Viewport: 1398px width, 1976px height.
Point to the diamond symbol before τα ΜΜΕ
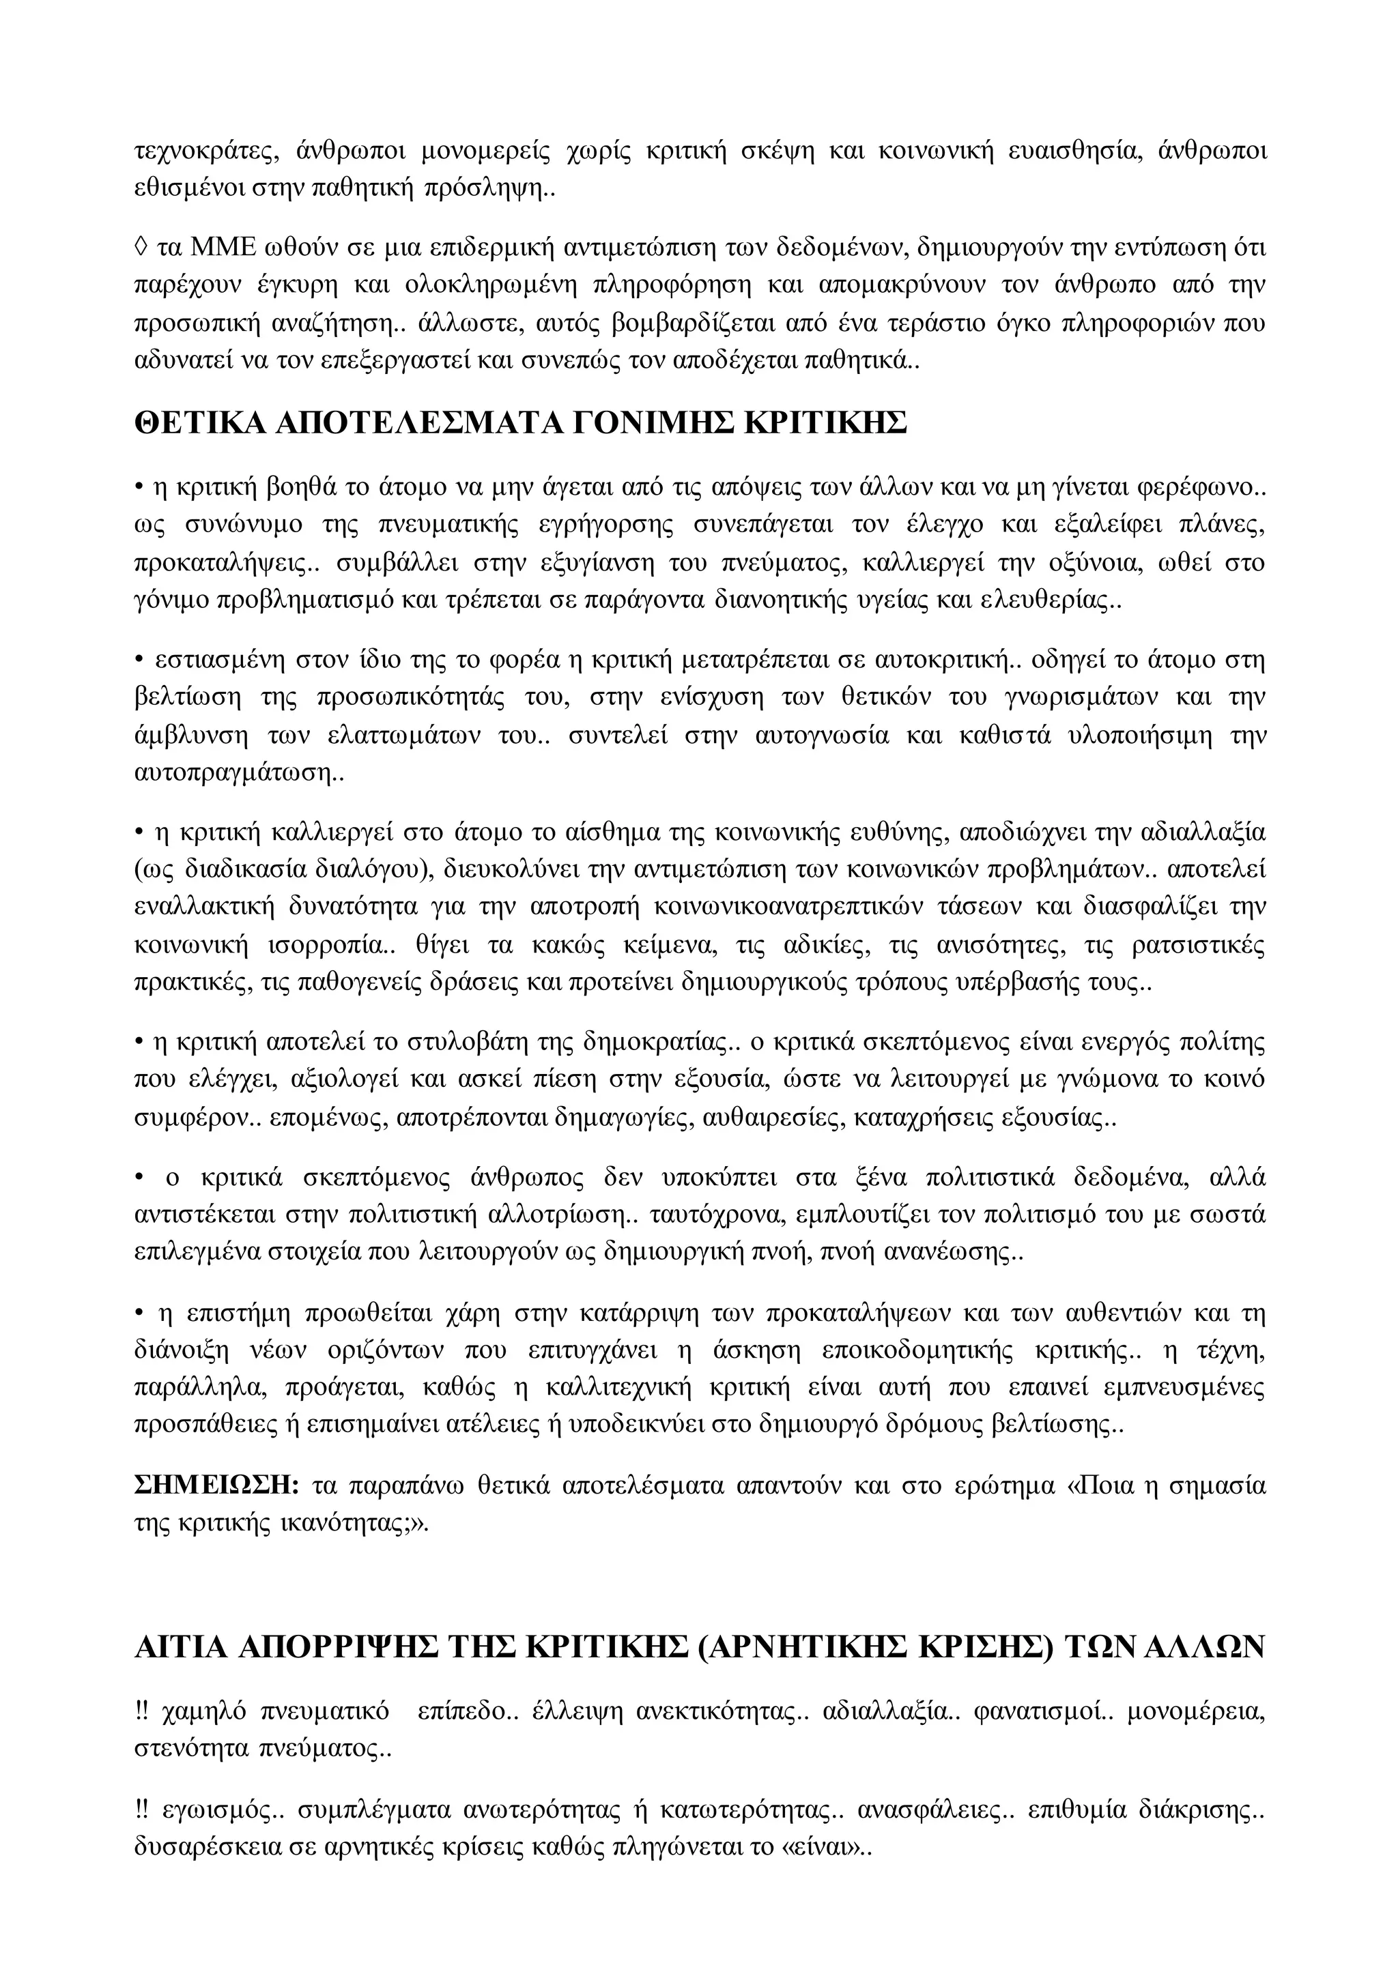(142, 248)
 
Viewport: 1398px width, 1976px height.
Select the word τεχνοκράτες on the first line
(207, 151)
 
